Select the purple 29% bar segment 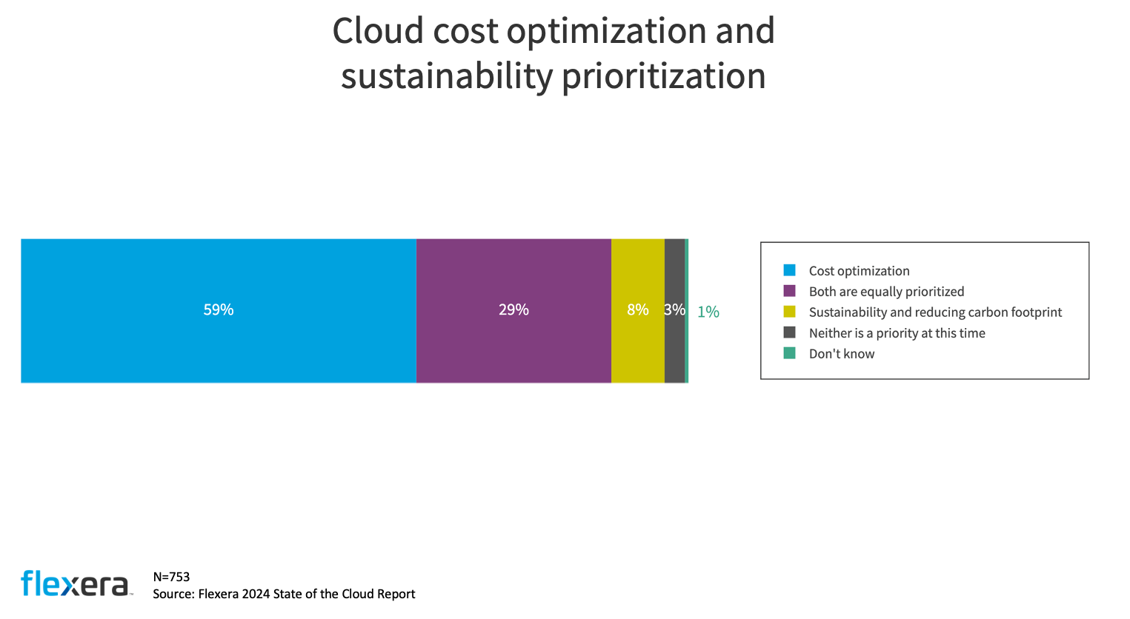pyautogui.click(x=514, y=348)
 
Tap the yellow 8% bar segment pyautogui.click(x=637, y=348)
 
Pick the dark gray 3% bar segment pyautogui.click(x=674, y=348)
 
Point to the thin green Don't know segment pyautogui.click(x=687, y=348)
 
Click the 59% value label pyautogui.click(x=219, y=309)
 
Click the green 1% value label pyautogui.click(x=708, y=312)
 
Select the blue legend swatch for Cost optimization pyautogui.click(x=789, y=270)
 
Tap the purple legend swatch pyautogui.click(x=789, y=291)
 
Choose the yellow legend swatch pyautogui.click(x=789, y=312)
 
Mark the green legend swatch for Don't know pyautogui.click(x=789, y=353)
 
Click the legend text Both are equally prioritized pyautogui.click(x=886, y=292)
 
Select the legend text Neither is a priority pyautogui.click(x=897, y=333)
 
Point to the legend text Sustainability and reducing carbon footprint pyautogui.click(x=935, y=312)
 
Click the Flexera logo pyautogui.click(x=76, y=583)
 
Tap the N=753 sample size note pyautogui.click(x=171, y=577)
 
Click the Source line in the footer pyautogui.click(x=284, y=594)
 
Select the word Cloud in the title pyautogui.click(x=378, y=31)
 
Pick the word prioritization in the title pyautogui.click(x=663, y=76)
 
